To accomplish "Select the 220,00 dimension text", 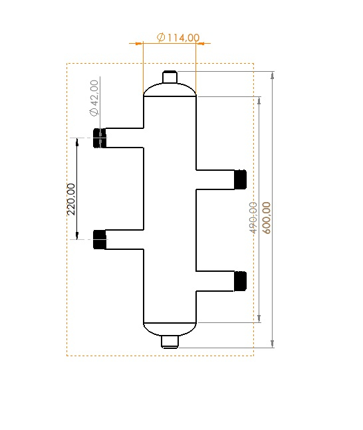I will click(71, 199).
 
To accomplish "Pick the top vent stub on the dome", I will click(170, 77).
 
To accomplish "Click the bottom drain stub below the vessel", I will click(171, 342).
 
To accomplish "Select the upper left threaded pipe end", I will click(100, 138).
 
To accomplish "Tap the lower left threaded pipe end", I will click(100, 239).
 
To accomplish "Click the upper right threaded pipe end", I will click(240, 179).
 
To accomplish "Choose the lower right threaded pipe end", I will click(240, 281).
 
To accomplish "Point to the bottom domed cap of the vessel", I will click(170, 328).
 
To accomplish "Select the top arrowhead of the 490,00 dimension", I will click(259, 100).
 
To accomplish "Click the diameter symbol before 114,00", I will click(162, 37).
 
